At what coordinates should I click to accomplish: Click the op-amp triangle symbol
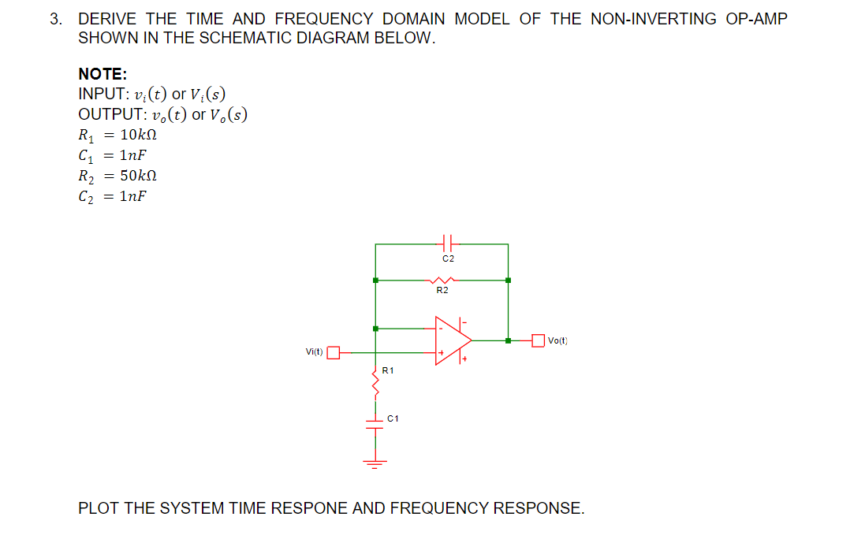pyautogui.click(x=452, y=341)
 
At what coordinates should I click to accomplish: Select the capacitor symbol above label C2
pyautogui.click(x=447, y=243)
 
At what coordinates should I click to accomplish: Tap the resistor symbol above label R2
pyautogui.click(x=442, y=280)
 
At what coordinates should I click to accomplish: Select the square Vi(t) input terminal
pyautogui.click(x=334, y=352)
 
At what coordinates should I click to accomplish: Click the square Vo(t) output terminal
pyautogui.click(x=539, y=340)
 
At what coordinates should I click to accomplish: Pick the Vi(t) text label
pyautogui.click(x=314, y=352)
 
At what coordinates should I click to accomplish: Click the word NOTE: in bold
pyautogui.click(x=103, y=74)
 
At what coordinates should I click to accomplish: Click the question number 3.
pyautogui.click(x=55, y=19)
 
